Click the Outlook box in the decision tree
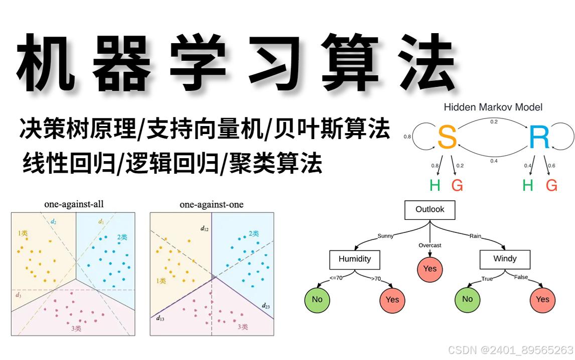[430, 210]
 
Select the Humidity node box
[355, 259]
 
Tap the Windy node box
[505, 259]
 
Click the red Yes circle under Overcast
[430, 269]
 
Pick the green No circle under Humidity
[317, 299]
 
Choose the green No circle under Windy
[467, 299]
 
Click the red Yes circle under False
[542, 299]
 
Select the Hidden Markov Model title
[493, 107]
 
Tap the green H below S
[435, 186]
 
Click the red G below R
[551, 186]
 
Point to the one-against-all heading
[74, 204]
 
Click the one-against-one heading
[211, 204]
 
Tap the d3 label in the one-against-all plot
[19, 295]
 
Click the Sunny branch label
[385, 235]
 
